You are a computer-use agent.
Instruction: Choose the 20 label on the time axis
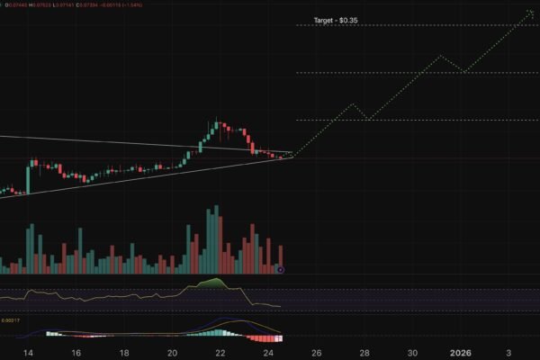coord(173,353)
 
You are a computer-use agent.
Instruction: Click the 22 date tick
coord(220,353)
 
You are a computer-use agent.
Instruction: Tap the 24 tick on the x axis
coord(268,353)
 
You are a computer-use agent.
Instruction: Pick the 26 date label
coord(317,353)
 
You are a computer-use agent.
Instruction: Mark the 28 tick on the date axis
coord(364,353)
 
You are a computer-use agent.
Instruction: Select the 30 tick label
coord(412,353)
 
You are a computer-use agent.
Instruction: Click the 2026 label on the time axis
coord(461,353)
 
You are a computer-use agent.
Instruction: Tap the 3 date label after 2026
coord(508,353)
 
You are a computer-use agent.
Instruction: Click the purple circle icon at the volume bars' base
coord(282,269)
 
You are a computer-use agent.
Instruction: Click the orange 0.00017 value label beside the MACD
coord(10,320)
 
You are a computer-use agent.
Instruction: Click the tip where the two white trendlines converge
coord(292,156)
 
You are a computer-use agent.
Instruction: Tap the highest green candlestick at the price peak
coord(217,125)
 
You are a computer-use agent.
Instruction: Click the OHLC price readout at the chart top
coord(54,4)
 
